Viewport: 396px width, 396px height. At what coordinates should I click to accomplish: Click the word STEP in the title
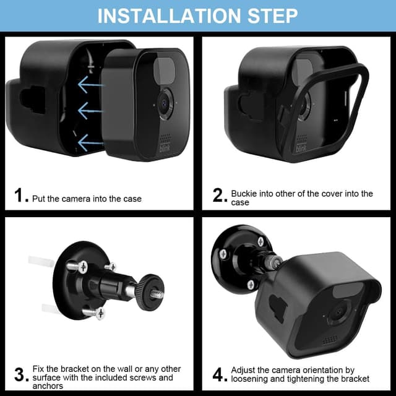tap(270, 15)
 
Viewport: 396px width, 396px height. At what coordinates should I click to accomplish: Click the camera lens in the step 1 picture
tap(164, 104)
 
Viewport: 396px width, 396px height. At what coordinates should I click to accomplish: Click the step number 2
tap(219, 196)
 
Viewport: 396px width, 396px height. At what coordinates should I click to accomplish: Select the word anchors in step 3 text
tap(48, 386)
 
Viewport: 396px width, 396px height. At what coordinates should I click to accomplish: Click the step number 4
tap(219, 374)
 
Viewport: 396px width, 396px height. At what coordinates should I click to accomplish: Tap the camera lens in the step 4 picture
tap(337, 312)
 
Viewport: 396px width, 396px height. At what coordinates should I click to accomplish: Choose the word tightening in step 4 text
tap(309, 379)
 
